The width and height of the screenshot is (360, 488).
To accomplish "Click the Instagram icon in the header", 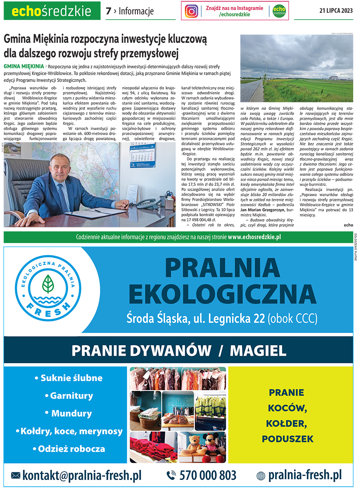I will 192,11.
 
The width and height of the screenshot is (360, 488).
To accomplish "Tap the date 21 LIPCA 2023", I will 336,11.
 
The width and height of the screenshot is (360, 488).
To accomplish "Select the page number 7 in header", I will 108,11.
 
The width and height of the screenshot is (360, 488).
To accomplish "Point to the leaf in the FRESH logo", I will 48,283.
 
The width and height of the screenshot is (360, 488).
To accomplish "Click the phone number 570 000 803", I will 208,475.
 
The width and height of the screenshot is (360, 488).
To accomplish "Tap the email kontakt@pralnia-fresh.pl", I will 82,475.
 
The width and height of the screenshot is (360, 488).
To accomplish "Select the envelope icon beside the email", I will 16,476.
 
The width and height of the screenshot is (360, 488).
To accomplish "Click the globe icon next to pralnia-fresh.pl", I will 261,476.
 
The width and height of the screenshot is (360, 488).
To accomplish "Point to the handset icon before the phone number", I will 171,475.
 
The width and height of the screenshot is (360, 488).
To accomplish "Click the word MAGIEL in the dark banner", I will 258,351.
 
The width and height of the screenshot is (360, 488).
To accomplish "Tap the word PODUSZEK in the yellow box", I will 288,439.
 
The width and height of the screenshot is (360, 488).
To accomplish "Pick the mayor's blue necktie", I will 63,199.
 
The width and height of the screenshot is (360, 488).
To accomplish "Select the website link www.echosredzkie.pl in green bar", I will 254,237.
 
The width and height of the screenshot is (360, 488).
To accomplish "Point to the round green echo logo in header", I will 279,11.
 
